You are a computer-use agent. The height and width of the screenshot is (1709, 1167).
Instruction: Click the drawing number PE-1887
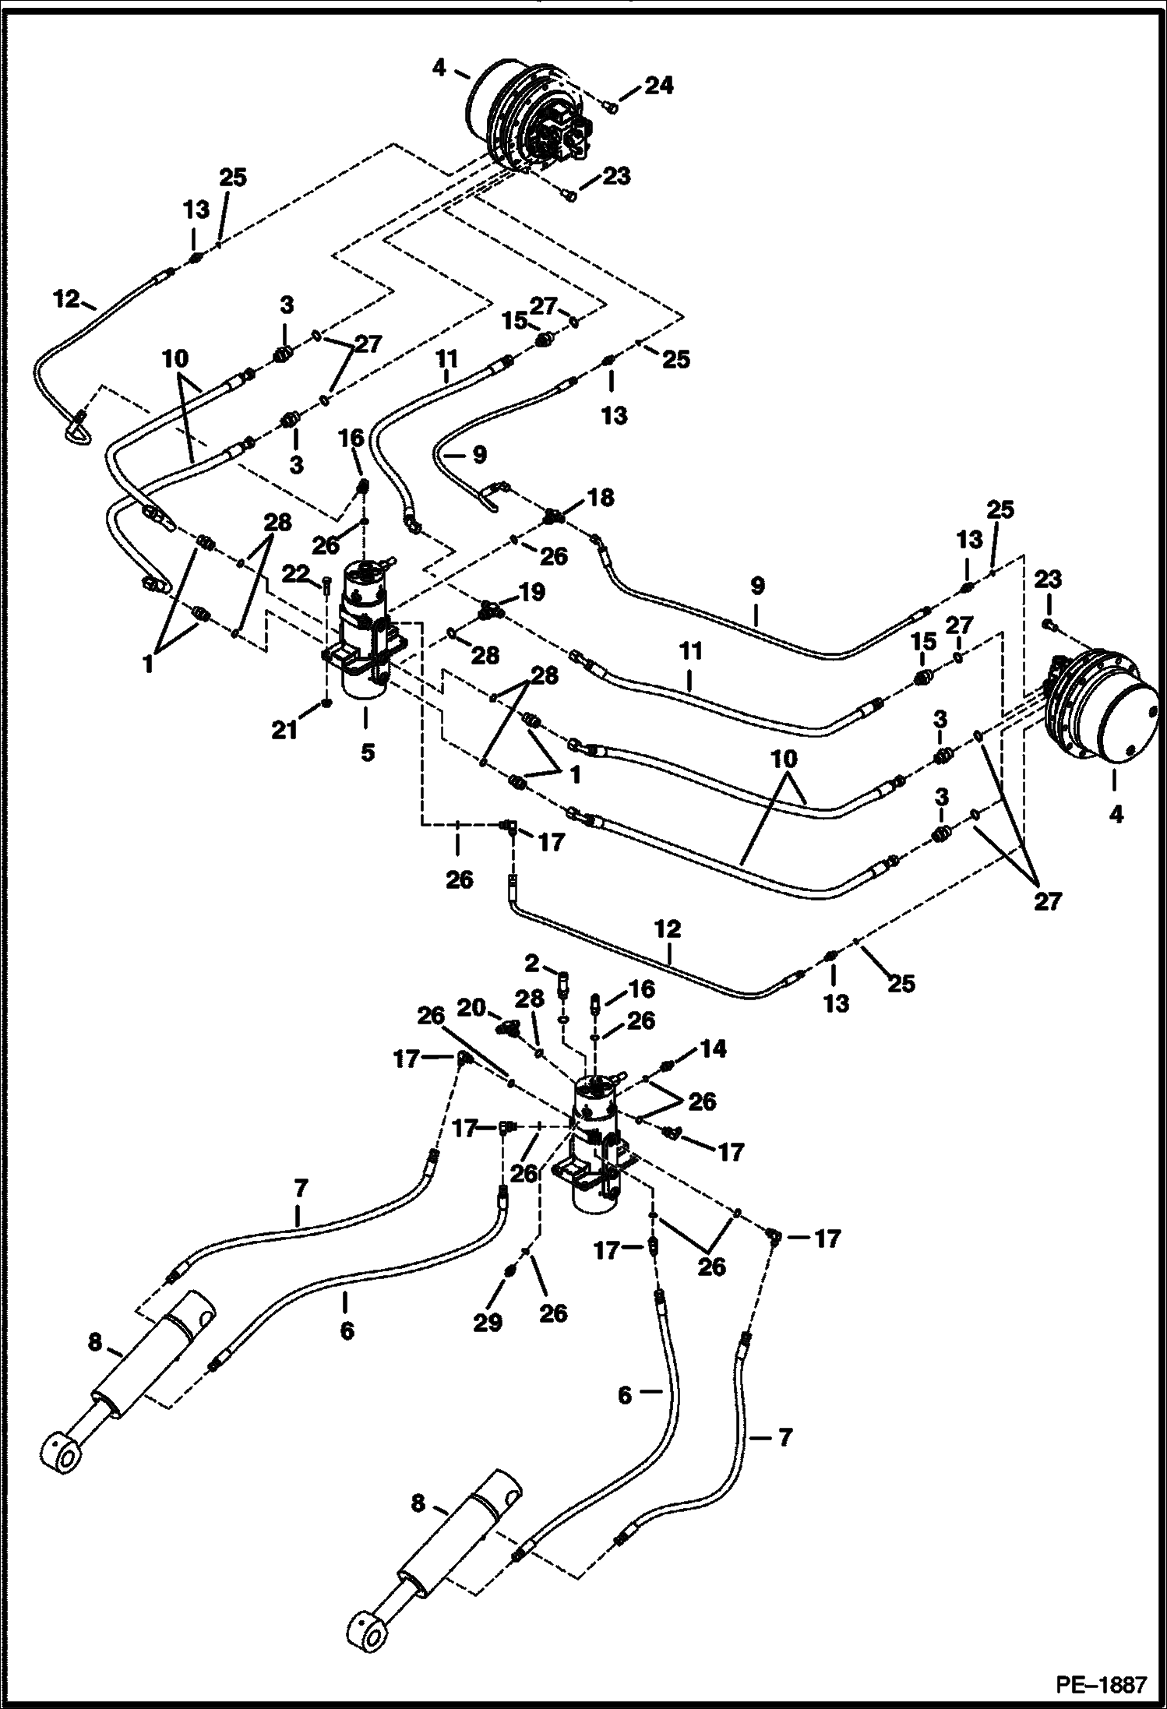tap(1101, 1684)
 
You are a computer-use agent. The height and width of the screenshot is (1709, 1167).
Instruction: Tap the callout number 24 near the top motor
tap(658, 85)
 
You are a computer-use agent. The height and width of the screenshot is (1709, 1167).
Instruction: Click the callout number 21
tap(285, 731)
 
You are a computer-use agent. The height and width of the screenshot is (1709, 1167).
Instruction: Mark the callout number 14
tap(714, 1049)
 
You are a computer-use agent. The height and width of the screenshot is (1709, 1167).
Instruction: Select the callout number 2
tap(532, 964)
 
